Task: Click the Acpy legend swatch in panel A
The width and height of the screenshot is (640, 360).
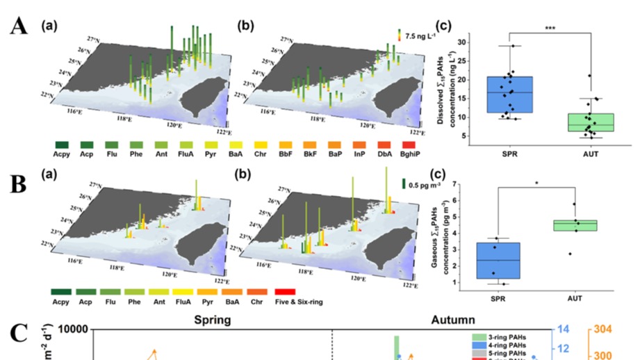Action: pyautogui.click(x=65, y=145)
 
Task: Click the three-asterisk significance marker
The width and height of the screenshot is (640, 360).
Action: pyautogui.click(x=550, y=29)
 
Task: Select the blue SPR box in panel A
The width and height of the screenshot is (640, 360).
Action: pyautogui.click(x=510, y=94)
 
